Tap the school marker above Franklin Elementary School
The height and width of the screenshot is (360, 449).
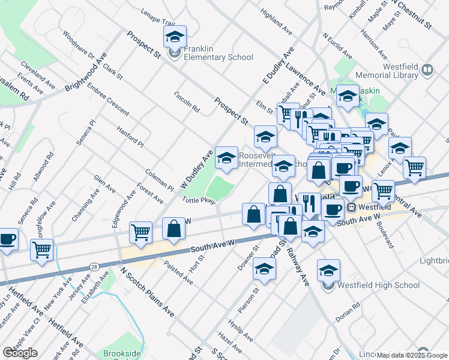click(175, 37)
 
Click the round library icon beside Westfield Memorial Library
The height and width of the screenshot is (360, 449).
click(427, 69)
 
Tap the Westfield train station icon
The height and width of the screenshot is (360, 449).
click(352, 207)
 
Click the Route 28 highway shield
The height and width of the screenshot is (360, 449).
click(94, 266)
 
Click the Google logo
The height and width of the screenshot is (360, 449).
click(20, 352)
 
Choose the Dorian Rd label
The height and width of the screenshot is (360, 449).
click(351, 313)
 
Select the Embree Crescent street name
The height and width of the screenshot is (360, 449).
click(107, 100)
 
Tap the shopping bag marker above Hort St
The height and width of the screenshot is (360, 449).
click(174, 229)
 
